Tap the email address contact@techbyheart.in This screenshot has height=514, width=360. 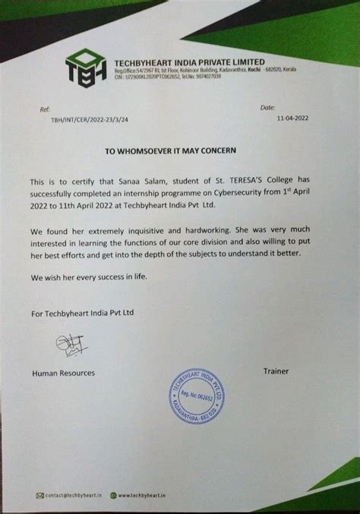point(76,496)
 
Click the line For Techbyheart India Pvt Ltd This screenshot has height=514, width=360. point(79,312)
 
